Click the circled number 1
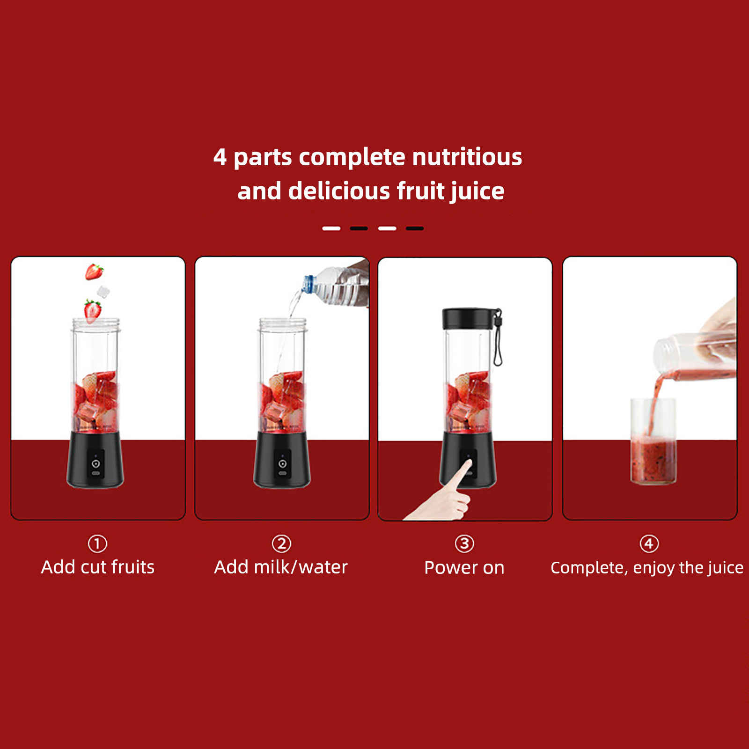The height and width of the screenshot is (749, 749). [97, 543]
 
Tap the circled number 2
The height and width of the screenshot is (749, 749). [281, 543]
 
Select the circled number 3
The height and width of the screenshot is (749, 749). [464, 543]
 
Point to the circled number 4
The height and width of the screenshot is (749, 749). [649, 543]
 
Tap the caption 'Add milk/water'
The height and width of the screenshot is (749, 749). [281, 567]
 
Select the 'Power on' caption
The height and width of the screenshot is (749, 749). [464, 567]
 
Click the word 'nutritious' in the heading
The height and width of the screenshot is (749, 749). [467, 156]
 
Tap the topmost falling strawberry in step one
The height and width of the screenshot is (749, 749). [94, 272]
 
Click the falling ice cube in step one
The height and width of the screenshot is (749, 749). [103, 292]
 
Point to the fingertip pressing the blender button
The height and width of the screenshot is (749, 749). [467, 463]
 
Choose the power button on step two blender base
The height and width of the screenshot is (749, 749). [282, 463]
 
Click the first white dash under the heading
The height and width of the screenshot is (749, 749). [331, 228]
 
